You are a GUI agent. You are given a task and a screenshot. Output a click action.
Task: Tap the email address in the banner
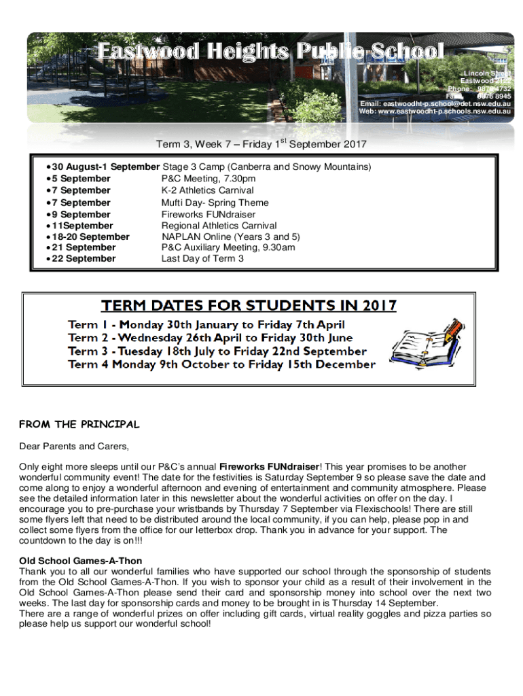click(435, 103)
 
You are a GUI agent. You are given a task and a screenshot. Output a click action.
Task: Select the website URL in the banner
click(435, 111)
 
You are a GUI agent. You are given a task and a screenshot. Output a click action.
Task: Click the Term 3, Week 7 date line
click(261, 144)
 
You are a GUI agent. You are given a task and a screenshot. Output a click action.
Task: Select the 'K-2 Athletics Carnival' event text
click(207, 190)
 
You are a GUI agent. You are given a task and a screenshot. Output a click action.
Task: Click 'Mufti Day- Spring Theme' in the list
click(215, 203)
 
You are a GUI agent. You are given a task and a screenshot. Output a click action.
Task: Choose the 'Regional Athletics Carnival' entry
click(219, 226)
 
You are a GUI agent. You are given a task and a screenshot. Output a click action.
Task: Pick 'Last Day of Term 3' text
click(202, 259)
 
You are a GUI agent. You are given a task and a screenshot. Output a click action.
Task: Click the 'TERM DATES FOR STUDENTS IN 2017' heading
click(249, 305)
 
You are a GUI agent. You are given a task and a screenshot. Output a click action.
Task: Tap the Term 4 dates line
click(221, 364)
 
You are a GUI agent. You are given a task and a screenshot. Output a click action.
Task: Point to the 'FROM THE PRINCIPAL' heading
click(79, 425)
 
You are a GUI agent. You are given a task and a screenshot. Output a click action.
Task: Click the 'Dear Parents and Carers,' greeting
click(73, 447)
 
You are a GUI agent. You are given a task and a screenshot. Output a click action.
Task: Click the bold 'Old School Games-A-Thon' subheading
click(81, 561)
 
